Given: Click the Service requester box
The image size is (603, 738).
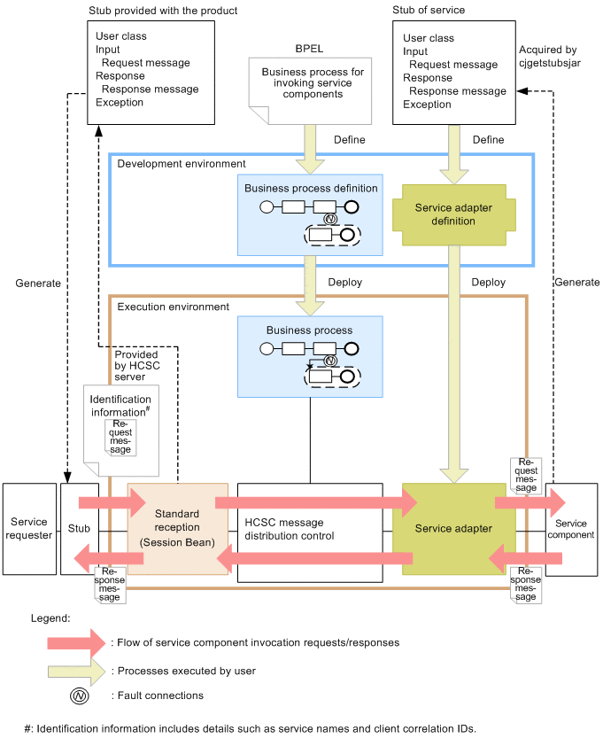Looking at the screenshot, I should click(29, 529).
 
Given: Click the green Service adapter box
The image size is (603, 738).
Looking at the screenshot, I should click(452, 529).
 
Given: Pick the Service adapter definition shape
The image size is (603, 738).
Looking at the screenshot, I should click(452, 214).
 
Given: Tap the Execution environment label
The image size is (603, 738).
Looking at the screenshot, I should click(174, 307).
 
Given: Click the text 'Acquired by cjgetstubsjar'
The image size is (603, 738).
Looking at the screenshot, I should click(549, 58).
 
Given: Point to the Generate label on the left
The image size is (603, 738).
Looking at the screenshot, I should click(38, 284).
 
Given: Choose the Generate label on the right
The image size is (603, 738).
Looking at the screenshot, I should click(576, 283).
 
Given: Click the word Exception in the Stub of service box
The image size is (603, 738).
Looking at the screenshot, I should click(427, 104).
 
